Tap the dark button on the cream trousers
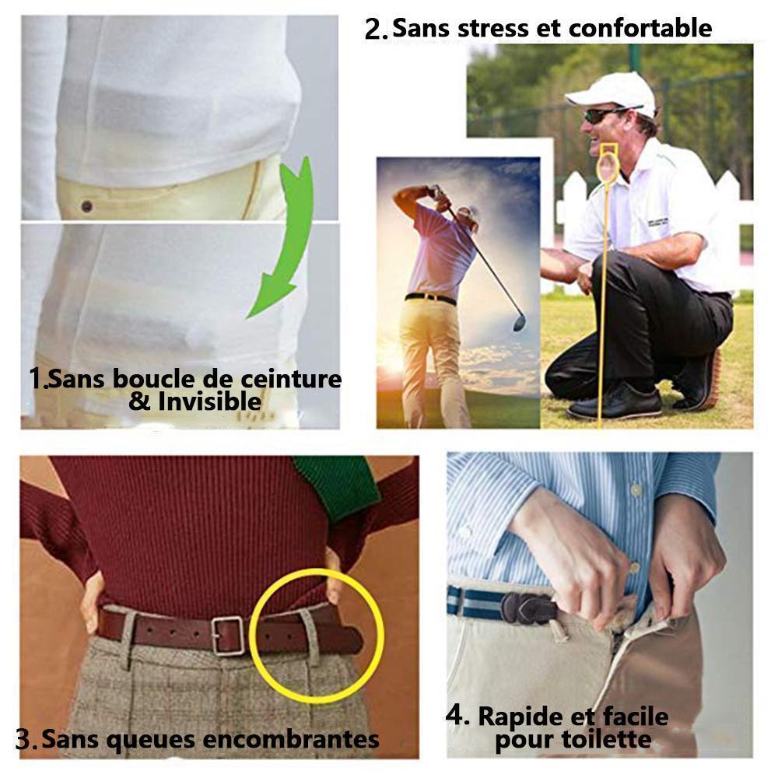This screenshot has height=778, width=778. coord(86,206)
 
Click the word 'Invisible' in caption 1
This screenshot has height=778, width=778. coord(209,401)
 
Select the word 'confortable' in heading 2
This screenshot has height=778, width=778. coord(640,28)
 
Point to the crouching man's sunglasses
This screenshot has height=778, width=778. coord(601,115)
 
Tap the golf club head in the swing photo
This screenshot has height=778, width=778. coord(519,322)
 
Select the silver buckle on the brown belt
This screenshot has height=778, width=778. coord(228,636)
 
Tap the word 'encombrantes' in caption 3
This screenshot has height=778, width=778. coord(291,739)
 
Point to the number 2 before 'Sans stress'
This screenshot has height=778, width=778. coord(376,30)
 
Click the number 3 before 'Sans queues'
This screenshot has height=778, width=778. coord(26,739)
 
